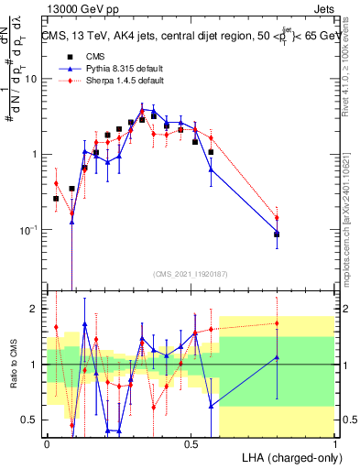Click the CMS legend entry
point(89,56)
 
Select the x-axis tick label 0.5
point(191,443)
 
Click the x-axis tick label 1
point(334,443)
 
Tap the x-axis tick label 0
point(47,443)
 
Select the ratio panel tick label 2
point(35,310)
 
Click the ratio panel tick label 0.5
point(31,420)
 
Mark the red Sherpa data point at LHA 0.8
point(277,218)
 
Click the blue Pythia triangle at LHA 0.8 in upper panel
point(277,234)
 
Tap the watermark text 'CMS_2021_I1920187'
point(191,273)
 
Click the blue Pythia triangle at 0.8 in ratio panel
point(277,357)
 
